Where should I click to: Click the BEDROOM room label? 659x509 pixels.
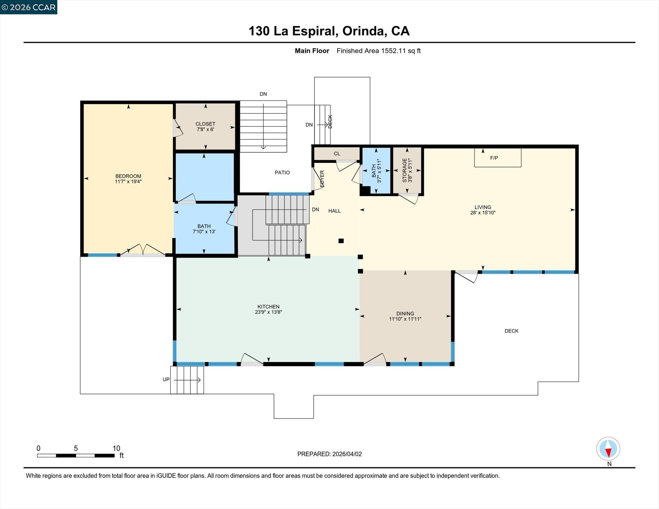tap(128, 176)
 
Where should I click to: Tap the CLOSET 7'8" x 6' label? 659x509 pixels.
tap(205, 126)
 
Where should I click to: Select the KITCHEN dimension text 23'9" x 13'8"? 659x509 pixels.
tap(268, 312)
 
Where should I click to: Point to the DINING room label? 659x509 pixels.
tap(405, 313)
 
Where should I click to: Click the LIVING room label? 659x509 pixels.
tap(483, 207)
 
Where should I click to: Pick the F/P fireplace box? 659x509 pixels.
tap(497, 158)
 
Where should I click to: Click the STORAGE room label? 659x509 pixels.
tap(404, 170)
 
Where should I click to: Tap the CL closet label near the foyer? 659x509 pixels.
tap(337, 154)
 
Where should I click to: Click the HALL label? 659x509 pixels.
tap(334, 211)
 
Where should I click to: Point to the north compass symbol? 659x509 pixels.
tap(608, 449)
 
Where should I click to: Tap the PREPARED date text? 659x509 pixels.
tap(329, 454)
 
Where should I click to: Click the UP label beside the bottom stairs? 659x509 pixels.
tap(166, 379)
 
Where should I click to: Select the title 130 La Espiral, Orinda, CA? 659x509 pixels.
tap(329, 31)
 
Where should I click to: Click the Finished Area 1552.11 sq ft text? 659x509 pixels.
tap(378, 51)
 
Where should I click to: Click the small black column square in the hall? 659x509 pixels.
tap(341, 241)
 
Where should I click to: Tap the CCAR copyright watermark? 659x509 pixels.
tap(29, 7)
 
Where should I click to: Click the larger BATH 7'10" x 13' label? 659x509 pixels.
tap(204, 229)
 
